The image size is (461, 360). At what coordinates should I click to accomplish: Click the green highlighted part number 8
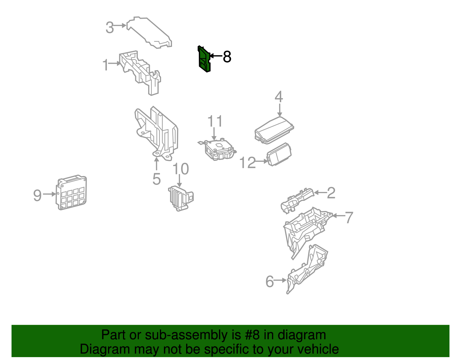pyautogui.click(x=204, y=59)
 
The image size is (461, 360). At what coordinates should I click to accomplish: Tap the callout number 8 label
pyautogui.click(x=227, y=57)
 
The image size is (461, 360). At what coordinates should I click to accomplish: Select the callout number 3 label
pyautogui.click(x=110, y=28)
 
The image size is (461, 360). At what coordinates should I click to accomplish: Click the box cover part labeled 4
pyautogui.click(x=274, y=130)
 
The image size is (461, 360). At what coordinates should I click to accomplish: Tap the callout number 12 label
pyautogui.click(x=247, y=163)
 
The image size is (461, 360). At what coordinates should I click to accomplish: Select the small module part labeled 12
pyautogui.click(x=279, y=154)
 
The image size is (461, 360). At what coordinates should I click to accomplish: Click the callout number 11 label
pyautogui.click(x=215, y=121)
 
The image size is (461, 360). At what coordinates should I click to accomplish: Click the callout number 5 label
pyautogui.click(x=156, y=179)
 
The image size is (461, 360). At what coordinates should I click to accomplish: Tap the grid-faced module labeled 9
pyautogui.click(x=71, y=193)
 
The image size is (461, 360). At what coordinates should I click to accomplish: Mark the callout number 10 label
pyautogui.click(x=181, y=169)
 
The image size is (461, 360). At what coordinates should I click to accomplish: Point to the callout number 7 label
pyautogui.click(x=349, y=217)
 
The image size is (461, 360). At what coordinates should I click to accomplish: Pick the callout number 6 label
pyautogui.click(x=270, y=282)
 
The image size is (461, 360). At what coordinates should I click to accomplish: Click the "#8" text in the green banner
pyautogui.click(x=252, y=335)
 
